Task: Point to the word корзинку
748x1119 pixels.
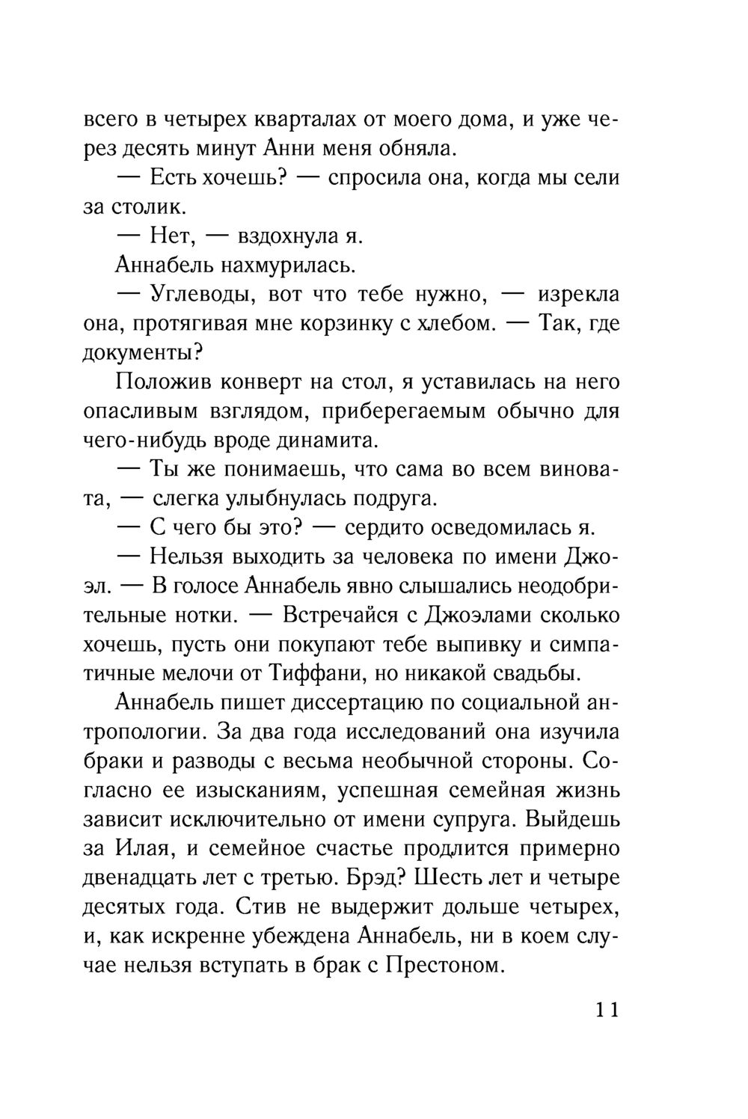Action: tap(355, 324)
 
